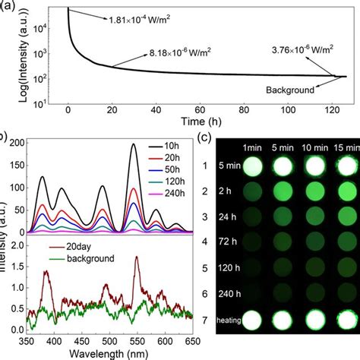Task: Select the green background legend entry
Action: [x=84, y=258]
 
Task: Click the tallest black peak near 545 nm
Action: [x=134, y=144]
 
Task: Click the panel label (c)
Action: [x=202, y=137]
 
